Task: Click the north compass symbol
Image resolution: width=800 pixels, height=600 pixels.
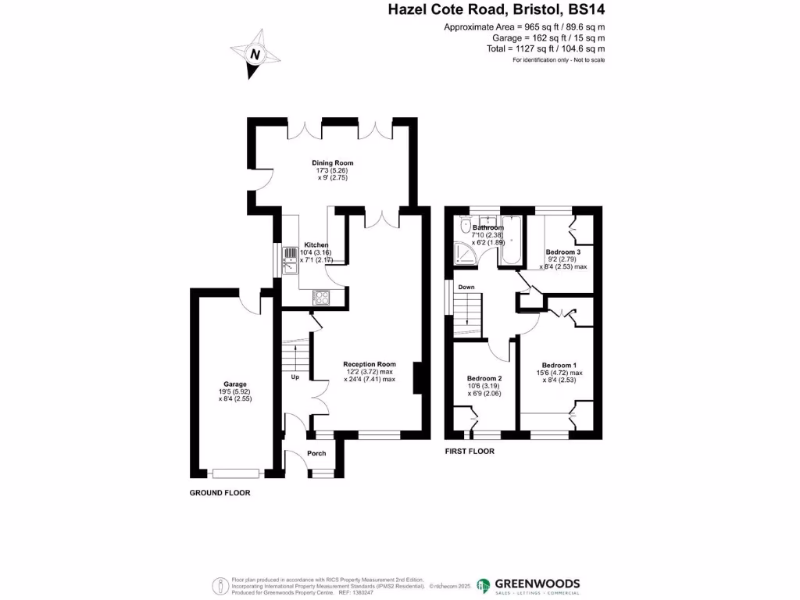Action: coord(255,54)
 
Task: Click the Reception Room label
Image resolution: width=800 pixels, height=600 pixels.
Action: coord(370,364)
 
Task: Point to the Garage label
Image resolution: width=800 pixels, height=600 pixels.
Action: coord(235,384)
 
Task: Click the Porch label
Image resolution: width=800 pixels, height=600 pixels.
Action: coord(316,454)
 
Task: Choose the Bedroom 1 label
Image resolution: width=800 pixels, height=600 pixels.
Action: coord(559,366)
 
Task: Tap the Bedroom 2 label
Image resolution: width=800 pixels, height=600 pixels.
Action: coord(484,378)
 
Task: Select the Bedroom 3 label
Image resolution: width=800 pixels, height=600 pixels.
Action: coord(562,252)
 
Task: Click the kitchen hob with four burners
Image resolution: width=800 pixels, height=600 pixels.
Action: coord(320,296)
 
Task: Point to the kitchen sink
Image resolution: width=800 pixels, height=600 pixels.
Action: coord(289,258)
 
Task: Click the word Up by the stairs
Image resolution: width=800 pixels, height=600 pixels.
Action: coord(295,377)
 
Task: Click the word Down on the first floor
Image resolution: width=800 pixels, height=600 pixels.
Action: coord(466,287)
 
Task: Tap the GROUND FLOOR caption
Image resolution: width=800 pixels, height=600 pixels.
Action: coord(220,493)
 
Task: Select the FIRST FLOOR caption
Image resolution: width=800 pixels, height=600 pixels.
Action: coord(470,452)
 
